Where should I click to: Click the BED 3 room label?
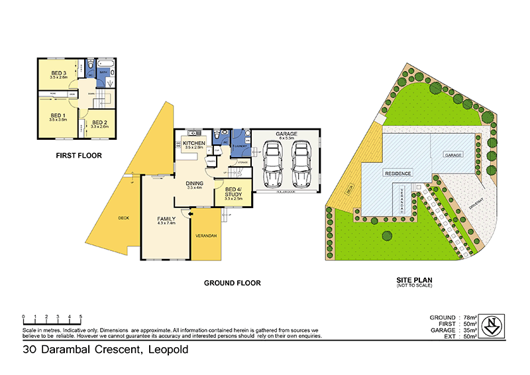click(x=58, y=73)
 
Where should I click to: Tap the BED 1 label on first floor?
click(x=58, y=115)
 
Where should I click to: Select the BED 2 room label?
click(x=99, y=123)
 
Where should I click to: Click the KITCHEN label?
click(x=194, y=143)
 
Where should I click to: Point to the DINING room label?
click(x=194, y=184)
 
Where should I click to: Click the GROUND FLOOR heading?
click(x=232, y=283)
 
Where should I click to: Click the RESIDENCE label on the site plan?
click(x=397, y=173)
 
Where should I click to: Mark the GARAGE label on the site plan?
click(x=453, y=154)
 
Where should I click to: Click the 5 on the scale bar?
click(x=81, y=317)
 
